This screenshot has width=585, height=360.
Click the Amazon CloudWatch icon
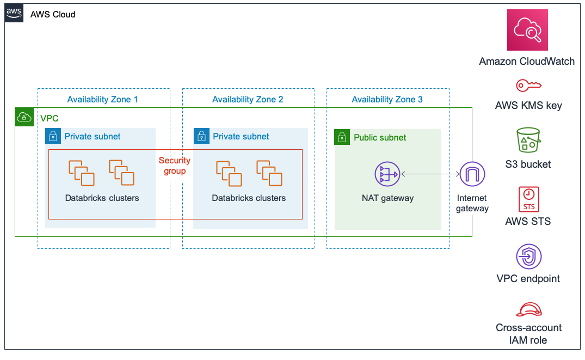(527, 30)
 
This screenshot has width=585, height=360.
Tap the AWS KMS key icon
(528, 86)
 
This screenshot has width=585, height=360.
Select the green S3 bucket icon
(528, 141)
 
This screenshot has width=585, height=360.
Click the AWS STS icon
(528, 199)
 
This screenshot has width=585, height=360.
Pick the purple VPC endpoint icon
(528, 257)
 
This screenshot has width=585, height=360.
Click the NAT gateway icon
(387, 174)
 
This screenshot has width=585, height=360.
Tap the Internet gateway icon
(472, 174)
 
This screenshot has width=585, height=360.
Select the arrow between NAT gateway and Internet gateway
(430, 174)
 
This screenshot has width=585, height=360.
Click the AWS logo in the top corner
(15, 14)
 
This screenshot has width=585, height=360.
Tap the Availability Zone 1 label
(102, 100)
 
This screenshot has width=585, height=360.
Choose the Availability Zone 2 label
(248, 100)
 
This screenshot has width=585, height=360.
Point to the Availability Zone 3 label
(387, 100)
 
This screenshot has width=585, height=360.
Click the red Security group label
(175, 166)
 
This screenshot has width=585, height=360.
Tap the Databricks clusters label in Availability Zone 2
(249, 198)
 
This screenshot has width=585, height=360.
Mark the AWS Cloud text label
(53, 15)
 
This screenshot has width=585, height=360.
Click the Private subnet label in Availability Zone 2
(241, 137)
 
